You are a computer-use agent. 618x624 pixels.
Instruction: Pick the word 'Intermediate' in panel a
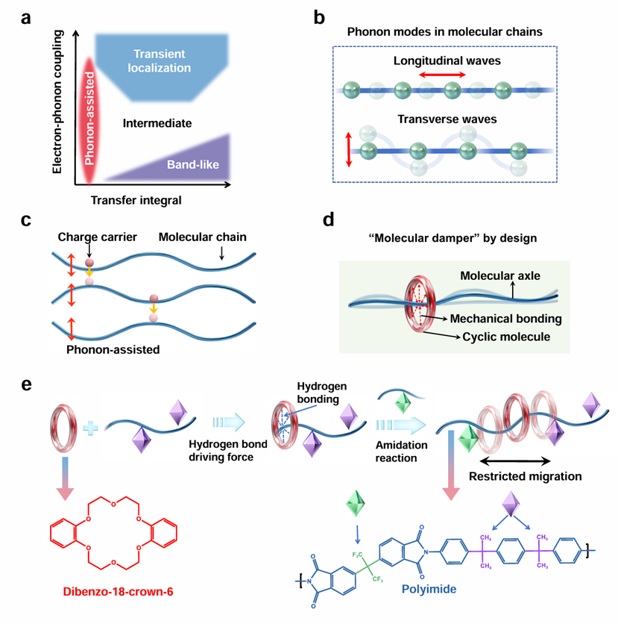click(x=153, y=122)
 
